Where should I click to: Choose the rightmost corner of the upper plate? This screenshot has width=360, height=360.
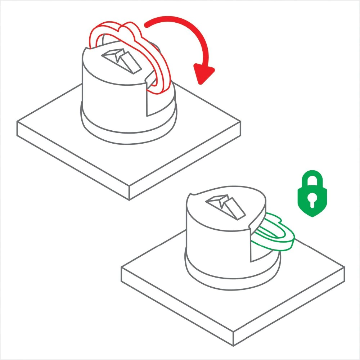240,122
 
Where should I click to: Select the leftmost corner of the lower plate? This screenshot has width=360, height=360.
121,269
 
